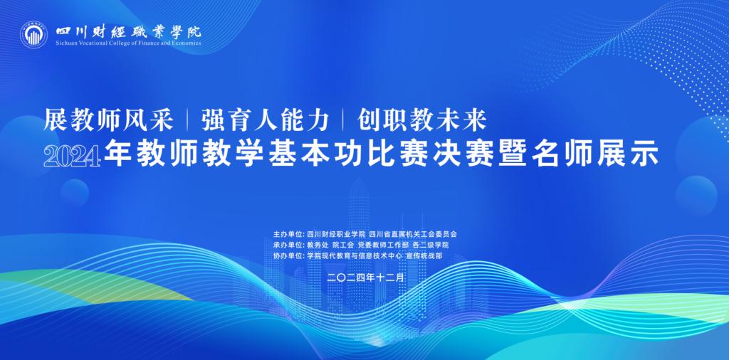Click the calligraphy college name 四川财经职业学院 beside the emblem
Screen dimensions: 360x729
(x=128, y=31)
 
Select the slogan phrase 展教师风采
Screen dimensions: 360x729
(x=108, y=120)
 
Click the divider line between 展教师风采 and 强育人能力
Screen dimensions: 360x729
(x=187, y=120)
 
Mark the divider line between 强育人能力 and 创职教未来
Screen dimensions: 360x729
(x=343, y=120)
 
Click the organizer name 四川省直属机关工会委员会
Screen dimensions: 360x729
(x=413, y=233)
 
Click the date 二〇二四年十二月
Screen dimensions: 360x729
(x=364, y=277)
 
